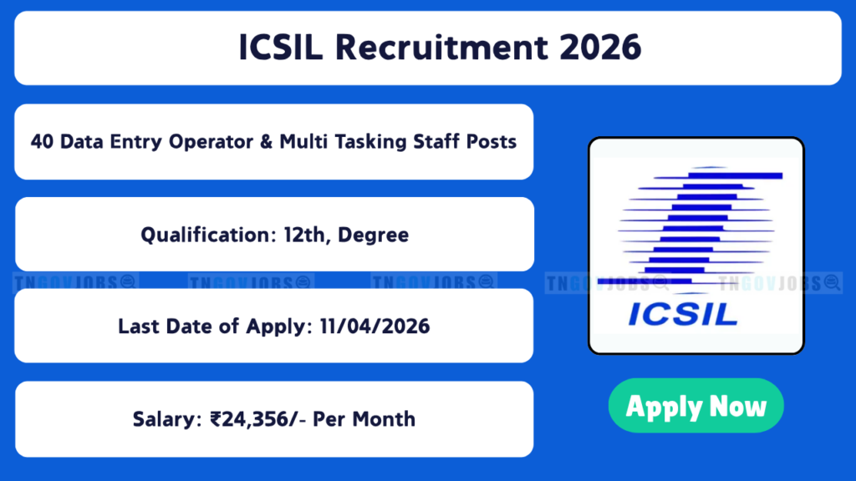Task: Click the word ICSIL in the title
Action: (281, 47)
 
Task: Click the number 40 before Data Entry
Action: (42, 142)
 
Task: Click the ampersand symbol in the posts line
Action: (266, 142)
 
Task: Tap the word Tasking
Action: (370, 143)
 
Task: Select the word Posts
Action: (492, 142)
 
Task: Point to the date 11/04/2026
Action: (375, 327)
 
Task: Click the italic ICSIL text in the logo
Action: (683, 314)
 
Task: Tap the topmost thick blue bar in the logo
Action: (736, 175)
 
